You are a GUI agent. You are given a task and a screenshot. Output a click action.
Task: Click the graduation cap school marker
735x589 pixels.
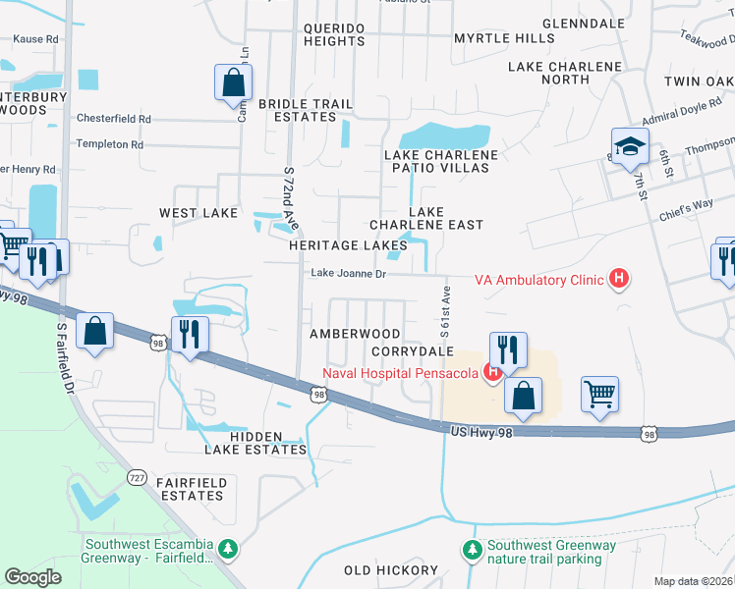click(x=629, y=148)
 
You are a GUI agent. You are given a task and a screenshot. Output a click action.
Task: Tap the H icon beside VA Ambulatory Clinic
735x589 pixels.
click(x=618, y=280)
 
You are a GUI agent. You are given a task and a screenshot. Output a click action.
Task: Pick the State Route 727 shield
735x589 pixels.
click(x=137, y=476)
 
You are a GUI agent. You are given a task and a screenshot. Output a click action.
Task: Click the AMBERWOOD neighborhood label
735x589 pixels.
click(x=355, y=334)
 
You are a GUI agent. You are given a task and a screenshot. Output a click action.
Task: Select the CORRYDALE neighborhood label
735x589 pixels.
click(x=412, y=350)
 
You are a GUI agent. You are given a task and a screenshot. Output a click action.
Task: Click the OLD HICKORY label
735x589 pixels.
click(x=391, y=570)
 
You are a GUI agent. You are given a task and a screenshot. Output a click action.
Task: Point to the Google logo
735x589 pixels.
click(x=32, y=577)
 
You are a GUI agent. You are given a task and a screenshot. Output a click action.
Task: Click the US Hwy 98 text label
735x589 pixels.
click(x=483, y=431)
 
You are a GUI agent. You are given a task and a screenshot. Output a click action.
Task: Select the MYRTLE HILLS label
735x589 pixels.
click(x=503, y=38)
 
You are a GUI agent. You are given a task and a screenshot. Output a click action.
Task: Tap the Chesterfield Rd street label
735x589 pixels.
click(x=117, y=119)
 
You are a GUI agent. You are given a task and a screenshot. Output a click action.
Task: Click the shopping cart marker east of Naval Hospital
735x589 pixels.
click(x=598, y=395)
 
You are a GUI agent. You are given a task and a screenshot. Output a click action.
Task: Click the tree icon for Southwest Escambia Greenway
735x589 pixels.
click(x=228, y=547)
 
